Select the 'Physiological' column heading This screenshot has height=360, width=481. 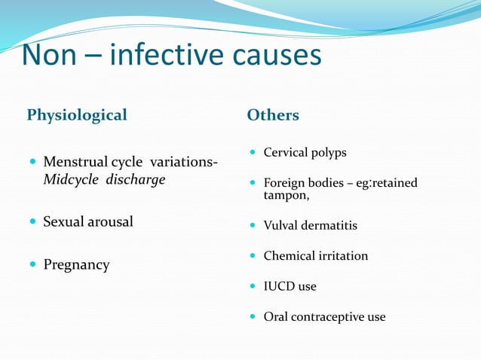[x=77, y=115]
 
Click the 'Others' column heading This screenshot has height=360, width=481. [x=273, y=115]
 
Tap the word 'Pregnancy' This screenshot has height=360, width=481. [x=76, y=265]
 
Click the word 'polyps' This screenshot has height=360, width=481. [x=326, y=153]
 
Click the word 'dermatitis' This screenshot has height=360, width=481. [x=327, y=225]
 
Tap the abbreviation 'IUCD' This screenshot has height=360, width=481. [x=280, y=286]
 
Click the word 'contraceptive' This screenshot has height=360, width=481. [x=329, y=317]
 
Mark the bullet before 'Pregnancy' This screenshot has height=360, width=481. [x=32, y=265]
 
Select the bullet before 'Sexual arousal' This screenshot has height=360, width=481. [x=32, y=221]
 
